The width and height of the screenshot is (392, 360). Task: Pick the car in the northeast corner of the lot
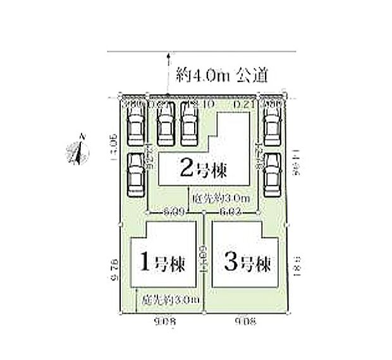[273, 124]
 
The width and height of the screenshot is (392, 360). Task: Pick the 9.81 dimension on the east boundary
[296, 265]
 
